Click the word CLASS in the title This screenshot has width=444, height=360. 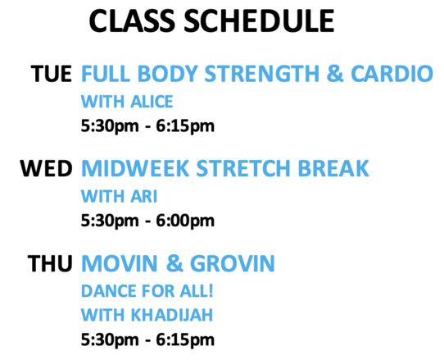coord(132,21)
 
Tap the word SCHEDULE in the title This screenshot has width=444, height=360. coord(260,21)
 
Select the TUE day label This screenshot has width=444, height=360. coord(52,74)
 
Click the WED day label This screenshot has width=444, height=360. coord(46,169)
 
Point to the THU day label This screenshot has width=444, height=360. coord(50,263)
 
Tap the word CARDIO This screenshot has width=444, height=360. coord(392,74)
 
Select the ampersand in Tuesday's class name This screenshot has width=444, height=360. coord(335,74)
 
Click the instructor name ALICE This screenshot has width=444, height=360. coord(152,102)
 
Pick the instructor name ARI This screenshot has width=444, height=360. coord(144,196)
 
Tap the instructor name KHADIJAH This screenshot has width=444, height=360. coord(172,315)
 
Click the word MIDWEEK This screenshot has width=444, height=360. coord(135,169)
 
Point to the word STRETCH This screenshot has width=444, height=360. coord(243,169)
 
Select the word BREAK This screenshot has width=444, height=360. coord(333,169)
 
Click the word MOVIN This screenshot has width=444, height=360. coord(120,263)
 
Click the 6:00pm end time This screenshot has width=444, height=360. coord(185,221)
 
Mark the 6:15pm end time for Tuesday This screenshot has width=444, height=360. coord(185,125)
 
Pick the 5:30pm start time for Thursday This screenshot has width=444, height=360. coord(110,339)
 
